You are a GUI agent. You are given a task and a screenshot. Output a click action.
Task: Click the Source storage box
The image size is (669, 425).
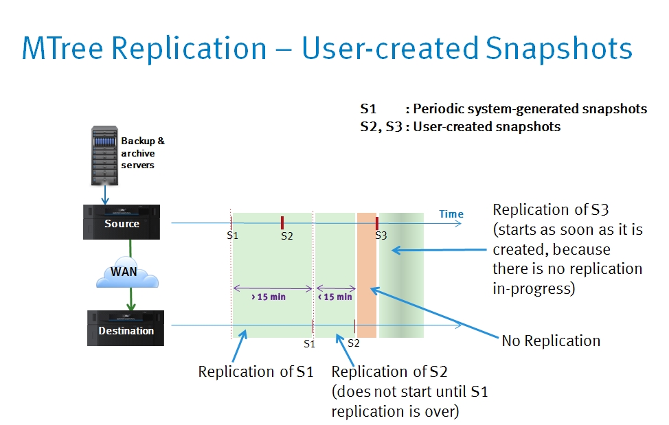122,222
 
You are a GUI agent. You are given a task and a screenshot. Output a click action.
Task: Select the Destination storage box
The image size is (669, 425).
126,328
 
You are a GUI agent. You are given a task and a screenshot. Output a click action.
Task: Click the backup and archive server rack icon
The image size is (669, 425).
104,156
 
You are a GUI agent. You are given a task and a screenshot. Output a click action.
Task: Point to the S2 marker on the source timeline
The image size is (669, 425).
282,222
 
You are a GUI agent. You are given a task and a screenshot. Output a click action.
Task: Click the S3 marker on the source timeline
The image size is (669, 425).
376,222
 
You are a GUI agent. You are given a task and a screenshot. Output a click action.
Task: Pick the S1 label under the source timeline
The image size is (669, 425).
233,236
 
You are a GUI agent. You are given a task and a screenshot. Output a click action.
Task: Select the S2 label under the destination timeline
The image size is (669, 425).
353,343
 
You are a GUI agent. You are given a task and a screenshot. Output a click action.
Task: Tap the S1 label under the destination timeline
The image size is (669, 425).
309,343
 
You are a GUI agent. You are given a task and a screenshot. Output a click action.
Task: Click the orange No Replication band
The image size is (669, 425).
367,275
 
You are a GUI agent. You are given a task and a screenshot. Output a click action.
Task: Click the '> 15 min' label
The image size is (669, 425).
269,297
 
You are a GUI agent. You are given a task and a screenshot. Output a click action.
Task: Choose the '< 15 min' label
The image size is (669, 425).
335,297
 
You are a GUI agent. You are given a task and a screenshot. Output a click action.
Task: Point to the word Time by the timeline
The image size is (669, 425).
451,214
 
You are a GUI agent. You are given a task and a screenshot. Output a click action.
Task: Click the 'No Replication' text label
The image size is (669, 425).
551,341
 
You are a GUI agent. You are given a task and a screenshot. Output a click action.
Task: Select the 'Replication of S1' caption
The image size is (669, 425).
256,371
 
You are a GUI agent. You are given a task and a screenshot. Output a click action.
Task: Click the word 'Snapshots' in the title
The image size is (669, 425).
558,49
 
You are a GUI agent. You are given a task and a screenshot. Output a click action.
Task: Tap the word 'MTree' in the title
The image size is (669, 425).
63,48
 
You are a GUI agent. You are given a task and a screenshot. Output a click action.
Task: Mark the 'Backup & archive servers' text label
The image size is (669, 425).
142,152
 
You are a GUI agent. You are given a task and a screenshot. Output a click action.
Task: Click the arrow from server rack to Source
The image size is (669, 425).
105,195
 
